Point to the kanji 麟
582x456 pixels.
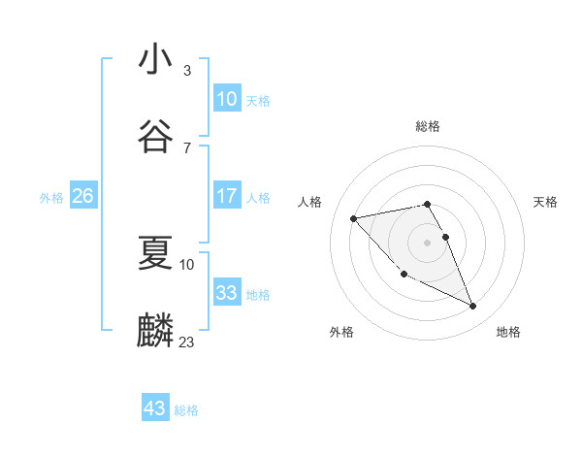pos(156,330)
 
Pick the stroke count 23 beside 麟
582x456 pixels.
pos(187,342)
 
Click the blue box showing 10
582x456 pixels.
pos(226,98)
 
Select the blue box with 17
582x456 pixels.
pos(226,196)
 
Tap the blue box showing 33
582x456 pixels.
pos(226,293)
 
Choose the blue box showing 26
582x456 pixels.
pos(83,196)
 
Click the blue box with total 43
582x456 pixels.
pos(155,408)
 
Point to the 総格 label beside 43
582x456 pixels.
pos(186,410)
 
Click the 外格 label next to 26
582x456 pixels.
pos(51,198)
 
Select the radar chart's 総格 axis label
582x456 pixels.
pos(428,126)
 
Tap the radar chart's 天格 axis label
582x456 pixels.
pos(545,202)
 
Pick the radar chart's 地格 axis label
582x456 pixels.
pos(508,332)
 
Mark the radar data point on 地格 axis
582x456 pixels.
pos(473,307)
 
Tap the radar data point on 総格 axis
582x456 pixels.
pos(428,204)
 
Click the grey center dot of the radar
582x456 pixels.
pos(428,242)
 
